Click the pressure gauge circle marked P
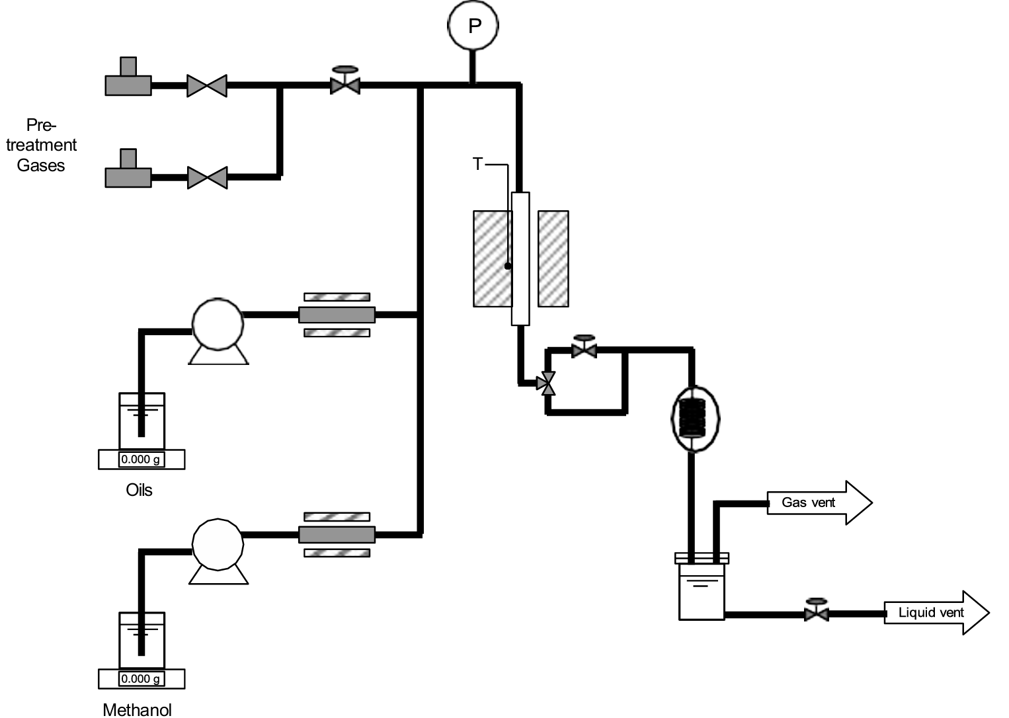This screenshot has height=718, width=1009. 473,26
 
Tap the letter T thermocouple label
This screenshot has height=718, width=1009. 478,164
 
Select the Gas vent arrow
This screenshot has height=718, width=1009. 819,502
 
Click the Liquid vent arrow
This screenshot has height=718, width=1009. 935,613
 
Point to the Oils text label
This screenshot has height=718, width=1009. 139,490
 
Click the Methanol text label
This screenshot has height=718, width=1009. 138,709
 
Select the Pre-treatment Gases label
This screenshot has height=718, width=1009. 41,145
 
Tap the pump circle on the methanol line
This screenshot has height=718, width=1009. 218,543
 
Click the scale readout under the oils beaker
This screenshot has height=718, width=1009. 141,459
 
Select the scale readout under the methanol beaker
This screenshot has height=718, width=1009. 141,678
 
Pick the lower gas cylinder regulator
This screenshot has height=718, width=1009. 128,171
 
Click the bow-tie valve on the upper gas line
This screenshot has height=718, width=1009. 207,86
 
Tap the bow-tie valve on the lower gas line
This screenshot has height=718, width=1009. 207,177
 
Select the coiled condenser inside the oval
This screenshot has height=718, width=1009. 694,418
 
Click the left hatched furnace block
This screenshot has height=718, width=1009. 492,259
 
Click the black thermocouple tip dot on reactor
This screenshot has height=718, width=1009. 508,266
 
